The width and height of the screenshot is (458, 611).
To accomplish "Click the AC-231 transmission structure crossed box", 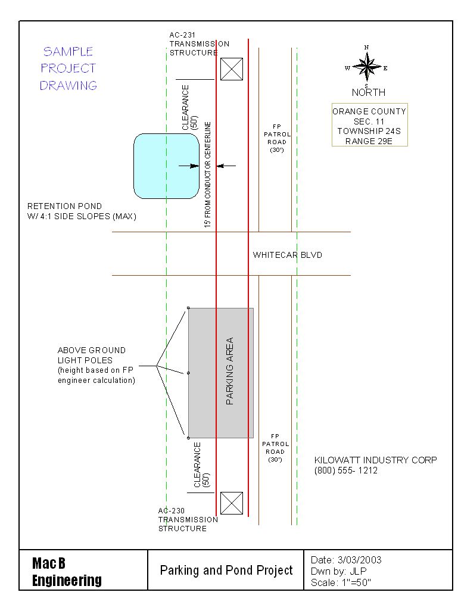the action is point(232,69).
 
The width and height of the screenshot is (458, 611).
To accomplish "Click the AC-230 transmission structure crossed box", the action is point(232,503).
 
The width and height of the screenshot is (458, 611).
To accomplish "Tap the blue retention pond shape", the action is point(166,166).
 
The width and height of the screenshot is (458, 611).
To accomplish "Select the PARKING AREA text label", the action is point(229,371).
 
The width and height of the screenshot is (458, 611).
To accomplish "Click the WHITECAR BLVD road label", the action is point(287,255).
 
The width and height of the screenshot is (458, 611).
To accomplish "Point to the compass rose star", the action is point(366,67).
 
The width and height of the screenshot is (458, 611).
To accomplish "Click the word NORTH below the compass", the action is point(368,92).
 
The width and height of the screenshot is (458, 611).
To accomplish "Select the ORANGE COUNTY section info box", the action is point(369,124).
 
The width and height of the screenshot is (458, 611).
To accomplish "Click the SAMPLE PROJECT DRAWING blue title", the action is point(68,68).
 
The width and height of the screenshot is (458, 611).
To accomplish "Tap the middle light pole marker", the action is point(188,373).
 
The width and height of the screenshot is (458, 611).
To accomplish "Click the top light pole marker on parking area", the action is point(188,308).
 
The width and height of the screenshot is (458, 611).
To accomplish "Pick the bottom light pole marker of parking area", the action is point(188,438).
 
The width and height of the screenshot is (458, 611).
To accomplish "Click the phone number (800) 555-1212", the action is point(346,470).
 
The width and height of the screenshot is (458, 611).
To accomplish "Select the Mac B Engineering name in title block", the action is point(67,572).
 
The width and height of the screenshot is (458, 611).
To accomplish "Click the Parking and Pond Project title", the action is point(226,571).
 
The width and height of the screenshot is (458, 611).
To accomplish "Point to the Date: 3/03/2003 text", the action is point(346,560).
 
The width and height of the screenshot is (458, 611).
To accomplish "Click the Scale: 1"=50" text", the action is point(341,582).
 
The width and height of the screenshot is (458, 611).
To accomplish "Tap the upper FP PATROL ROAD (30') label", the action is point(277,138).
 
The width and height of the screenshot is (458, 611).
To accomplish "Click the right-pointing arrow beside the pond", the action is point(189,166).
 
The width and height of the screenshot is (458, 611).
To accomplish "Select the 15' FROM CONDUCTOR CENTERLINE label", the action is point(207,174).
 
